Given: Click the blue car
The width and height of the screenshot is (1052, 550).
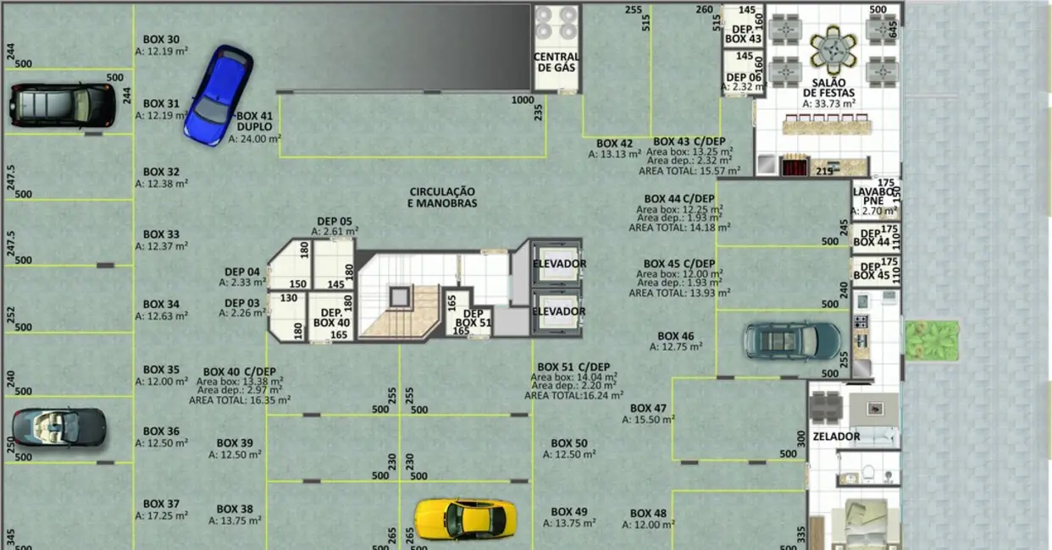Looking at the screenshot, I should tap(219, 95).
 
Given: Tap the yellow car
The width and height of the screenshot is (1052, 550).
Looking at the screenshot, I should tap(465, 518).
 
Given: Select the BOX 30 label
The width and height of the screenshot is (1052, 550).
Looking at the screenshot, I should tap(161, 40).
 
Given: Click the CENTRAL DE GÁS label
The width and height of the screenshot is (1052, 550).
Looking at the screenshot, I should tap(556, 62).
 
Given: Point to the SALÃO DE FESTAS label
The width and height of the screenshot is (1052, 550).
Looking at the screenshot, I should tap(828, 88).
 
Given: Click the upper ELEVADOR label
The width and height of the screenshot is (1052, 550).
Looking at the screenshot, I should tap(559, 264).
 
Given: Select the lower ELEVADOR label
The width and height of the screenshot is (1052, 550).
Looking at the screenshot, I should tap(559, 311).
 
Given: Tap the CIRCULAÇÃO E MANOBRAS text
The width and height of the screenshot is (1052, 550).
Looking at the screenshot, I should tap(442, 197).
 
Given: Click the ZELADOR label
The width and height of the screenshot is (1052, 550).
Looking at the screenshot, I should tap(836, 437).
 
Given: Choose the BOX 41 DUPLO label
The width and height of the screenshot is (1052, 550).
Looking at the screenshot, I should tap(254, 121).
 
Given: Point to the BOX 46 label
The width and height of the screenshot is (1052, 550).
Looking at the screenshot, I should tap(675, 336).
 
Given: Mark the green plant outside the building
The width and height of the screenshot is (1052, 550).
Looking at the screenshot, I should tap(932, 338).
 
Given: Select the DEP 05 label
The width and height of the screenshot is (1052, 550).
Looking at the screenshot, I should tap(335, 221).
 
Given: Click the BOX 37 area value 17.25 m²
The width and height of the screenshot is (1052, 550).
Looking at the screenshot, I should tap(162, 515).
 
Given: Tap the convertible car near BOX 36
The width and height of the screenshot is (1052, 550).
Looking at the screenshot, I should tap(59, 426).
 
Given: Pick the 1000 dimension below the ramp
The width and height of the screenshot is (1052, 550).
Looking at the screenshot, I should tap(523, 100).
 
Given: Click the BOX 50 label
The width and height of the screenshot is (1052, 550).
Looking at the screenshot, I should tap(568, 443).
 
